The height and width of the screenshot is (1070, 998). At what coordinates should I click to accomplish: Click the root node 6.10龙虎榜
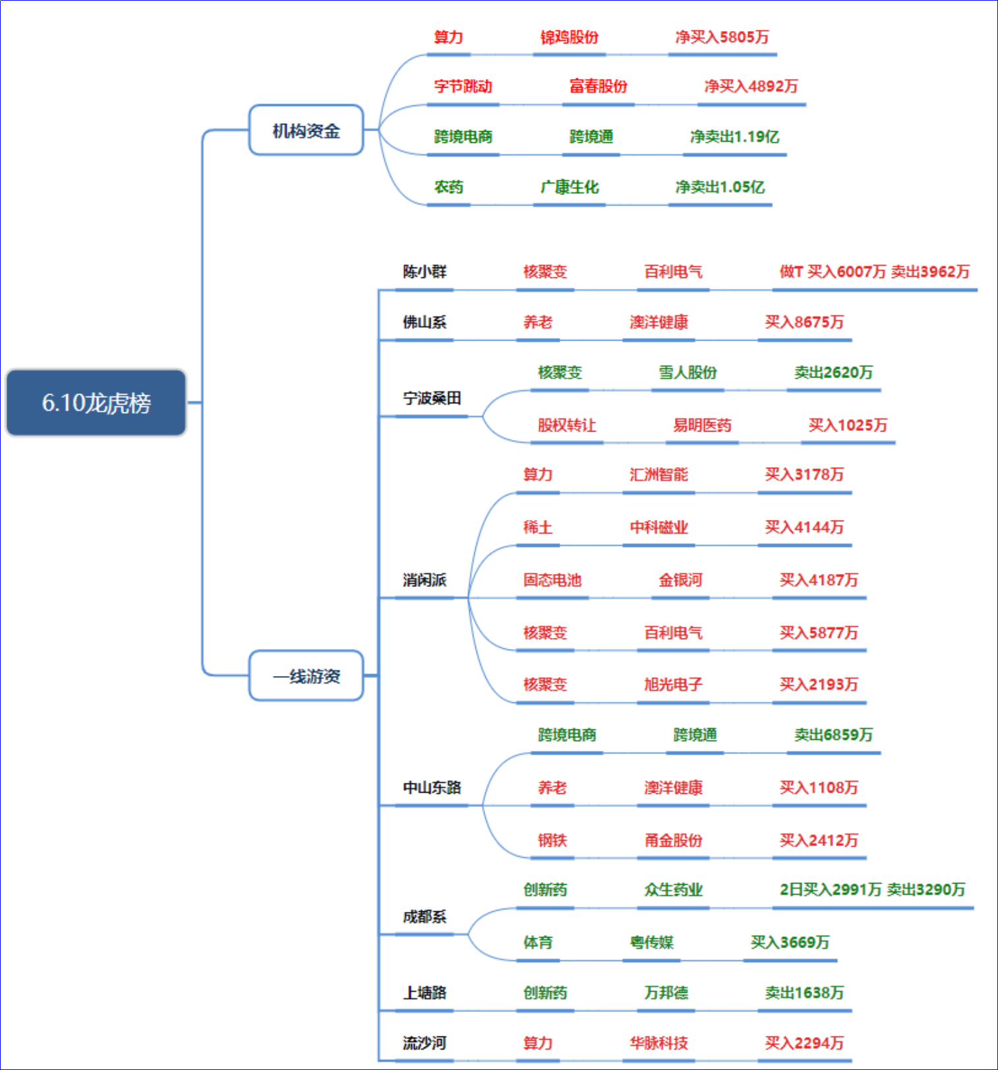(x=96, y=403)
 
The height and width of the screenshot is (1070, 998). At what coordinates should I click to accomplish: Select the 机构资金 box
(x=306, y=130)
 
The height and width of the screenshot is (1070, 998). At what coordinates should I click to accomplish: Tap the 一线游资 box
(x=306, y=676)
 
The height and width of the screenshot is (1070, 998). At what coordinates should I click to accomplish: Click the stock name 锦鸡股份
(x=570, y=37)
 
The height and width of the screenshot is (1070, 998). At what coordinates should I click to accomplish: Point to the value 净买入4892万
(x=751, y=86)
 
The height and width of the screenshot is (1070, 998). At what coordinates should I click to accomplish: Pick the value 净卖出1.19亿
(x=734, y=136)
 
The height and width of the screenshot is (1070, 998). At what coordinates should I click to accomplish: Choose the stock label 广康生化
(x=570, y=187)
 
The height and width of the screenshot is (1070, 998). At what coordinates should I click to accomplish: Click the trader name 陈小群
(x=425, y=271)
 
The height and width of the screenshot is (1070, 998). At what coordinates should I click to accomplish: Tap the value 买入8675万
(x=804, y=322)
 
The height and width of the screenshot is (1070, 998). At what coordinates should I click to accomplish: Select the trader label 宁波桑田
(x=432, y=398)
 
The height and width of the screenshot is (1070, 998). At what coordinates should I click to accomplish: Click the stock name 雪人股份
(x=688, y=372)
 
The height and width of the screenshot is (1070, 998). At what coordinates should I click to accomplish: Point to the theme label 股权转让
(x=567, y=425)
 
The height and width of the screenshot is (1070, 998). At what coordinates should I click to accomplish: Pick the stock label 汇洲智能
(x=659, y=474)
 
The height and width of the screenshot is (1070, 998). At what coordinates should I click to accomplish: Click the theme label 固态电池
(x=552, y=580)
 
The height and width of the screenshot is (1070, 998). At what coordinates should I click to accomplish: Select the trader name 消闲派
(x=425, y=580)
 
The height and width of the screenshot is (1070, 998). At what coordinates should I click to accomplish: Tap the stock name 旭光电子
(x=673, y=685)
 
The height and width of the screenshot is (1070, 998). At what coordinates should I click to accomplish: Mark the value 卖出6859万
(x=833, y=735)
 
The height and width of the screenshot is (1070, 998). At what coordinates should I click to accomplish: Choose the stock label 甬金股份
(x=673, y=840)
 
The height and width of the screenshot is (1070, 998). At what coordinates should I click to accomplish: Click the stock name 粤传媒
(x=651, y=942)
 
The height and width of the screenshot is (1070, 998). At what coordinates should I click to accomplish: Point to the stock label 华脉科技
(x=659, y=1043)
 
